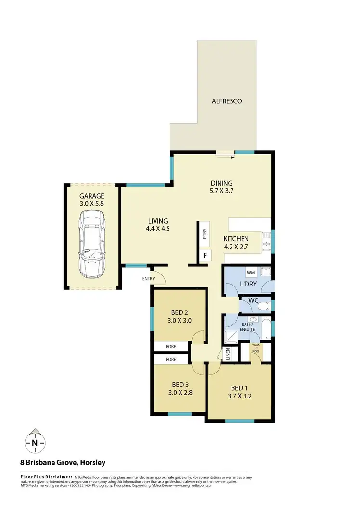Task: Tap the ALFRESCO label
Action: pos(227,101)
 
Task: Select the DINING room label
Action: pos(221,183)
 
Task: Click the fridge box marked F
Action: pos(205,255)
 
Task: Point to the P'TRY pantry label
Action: pos(205,235)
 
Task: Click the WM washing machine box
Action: pos(250,273)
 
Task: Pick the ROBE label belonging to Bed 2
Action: pos(171,346)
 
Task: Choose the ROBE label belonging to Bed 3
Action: pos(171,359)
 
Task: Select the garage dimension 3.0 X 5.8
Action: pos(92,204)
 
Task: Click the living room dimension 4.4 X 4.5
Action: pos(158,229)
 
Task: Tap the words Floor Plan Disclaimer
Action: pos(46,477)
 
